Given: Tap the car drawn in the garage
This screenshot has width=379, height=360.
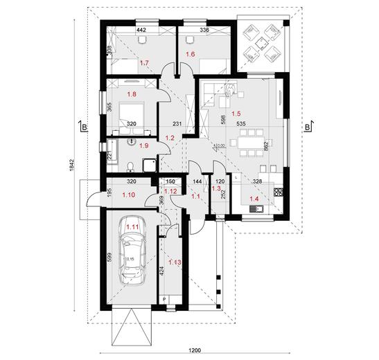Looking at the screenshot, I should click(x=132, y=255).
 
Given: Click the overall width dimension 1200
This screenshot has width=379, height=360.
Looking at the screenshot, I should click(x=197, y=349).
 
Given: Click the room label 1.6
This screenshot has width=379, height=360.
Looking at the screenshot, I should click(x=191, y=53).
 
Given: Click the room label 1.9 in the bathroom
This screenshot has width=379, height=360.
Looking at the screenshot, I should click(x=145, y=146).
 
